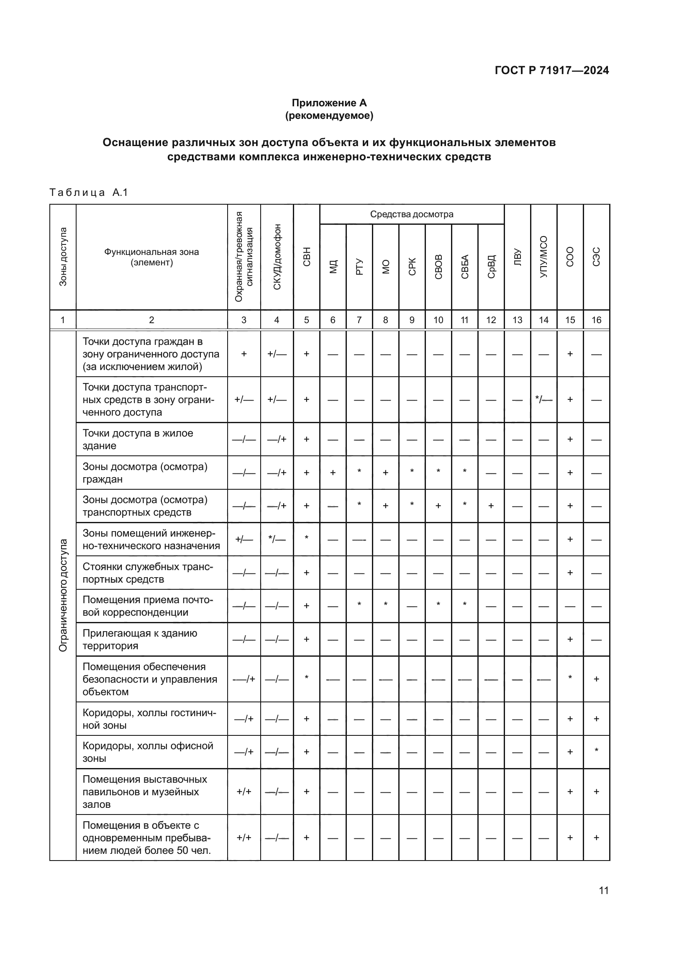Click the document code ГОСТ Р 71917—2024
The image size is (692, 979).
(x=551, y=70)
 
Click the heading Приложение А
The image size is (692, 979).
(x=329, y=103)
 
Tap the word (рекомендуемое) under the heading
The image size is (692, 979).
(x=329, y=116)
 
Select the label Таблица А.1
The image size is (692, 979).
(x=89, y=192)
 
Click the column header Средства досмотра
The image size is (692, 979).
(x=411, y=214)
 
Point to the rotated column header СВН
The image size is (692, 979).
(x=306, y=257)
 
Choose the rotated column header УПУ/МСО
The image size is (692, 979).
(x=543, y=257)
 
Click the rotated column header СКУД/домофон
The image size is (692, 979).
(x=277, y=257)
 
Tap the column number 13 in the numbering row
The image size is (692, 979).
(x=517, y=320)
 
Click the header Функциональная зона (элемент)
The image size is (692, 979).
(x=152, y=257)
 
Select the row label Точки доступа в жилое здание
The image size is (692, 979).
(x=138, y=439)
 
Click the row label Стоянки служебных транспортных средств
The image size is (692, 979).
(x=147, y=573)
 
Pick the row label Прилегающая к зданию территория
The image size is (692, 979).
(x=140, y=639)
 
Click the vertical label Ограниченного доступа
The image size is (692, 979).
(x=63, y=595)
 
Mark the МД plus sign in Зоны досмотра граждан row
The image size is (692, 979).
(x=333, y=473)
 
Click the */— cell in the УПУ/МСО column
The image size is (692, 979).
(x=543, y=400)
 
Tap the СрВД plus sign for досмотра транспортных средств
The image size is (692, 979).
(x=491, y=506)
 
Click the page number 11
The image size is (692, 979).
(x=603, y=890)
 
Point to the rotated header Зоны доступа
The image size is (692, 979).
(x=63, y=257)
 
